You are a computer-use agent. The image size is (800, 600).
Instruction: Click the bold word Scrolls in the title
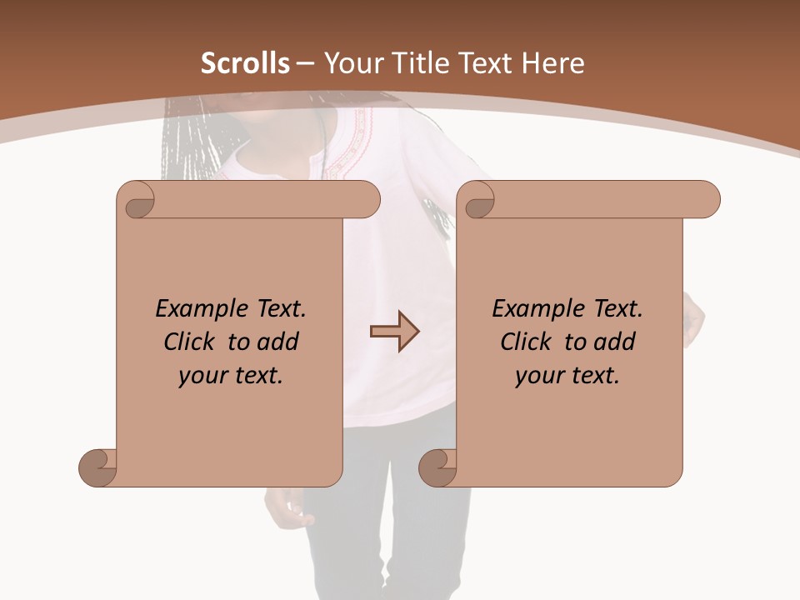(246, 63)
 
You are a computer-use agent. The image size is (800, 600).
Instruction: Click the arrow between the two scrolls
(394, 332)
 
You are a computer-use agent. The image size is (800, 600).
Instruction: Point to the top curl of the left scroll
(138, 200)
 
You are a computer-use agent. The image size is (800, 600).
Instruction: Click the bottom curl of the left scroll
(98, 467)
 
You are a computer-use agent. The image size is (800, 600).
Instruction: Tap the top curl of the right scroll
(479, 200)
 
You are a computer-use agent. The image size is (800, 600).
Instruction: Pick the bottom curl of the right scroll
(437, 467)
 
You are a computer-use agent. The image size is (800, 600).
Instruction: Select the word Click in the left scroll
(191, 342)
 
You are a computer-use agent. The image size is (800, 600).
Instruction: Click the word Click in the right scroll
(527, 342)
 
